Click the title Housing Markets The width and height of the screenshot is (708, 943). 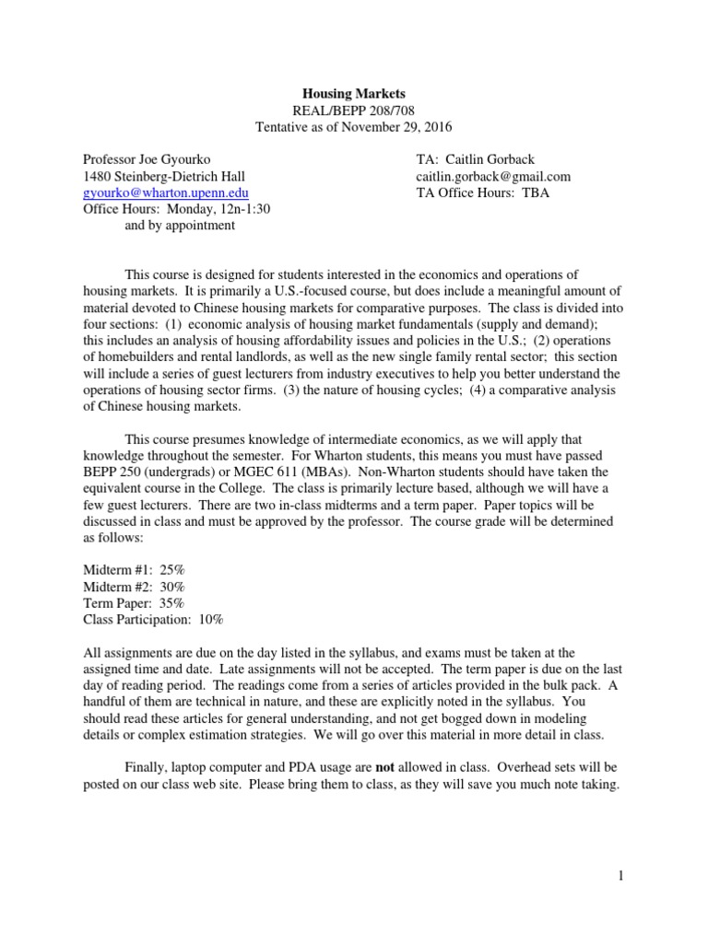[x=354, y=93]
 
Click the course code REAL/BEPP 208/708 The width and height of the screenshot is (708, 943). [x=354, y=110]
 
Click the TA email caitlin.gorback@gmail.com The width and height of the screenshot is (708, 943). [x=493, y=176]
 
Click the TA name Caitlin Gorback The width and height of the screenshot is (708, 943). [x=490, y=159]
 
